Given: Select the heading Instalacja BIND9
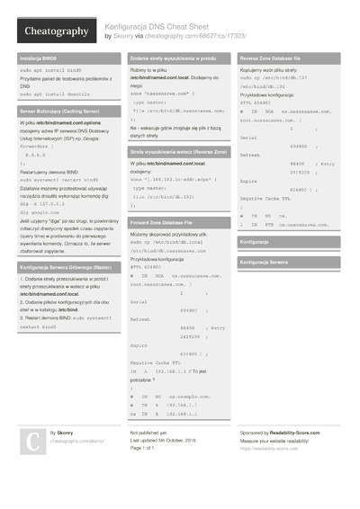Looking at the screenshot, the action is point(39,58).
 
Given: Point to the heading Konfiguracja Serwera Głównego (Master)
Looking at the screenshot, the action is point(65,267).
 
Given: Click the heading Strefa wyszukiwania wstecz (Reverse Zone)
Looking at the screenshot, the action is point(177,153).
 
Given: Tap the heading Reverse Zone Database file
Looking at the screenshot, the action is point(276,58).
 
